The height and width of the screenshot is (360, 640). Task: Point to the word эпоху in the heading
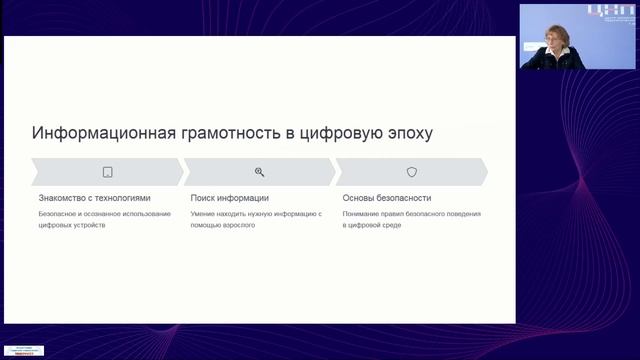point(409,133)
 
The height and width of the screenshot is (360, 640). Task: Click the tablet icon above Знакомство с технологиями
point(107,172)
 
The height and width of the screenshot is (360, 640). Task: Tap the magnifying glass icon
point(259,172)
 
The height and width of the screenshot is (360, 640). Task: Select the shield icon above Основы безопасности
point(411,172)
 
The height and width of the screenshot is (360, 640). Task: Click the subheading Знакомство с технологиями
point(94,198)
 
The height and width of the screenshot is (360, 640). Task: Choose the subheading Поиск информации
point(229,198)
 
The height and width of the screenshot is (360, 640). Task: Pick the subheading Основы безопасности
point(387,198)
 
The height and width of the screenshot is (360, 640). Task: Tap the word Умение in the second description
point(203,214)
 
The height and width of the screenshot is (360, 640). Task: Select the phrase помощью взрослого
point(222,225)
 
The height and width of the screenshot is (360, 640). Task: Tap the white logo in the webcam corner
point(606,13)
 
